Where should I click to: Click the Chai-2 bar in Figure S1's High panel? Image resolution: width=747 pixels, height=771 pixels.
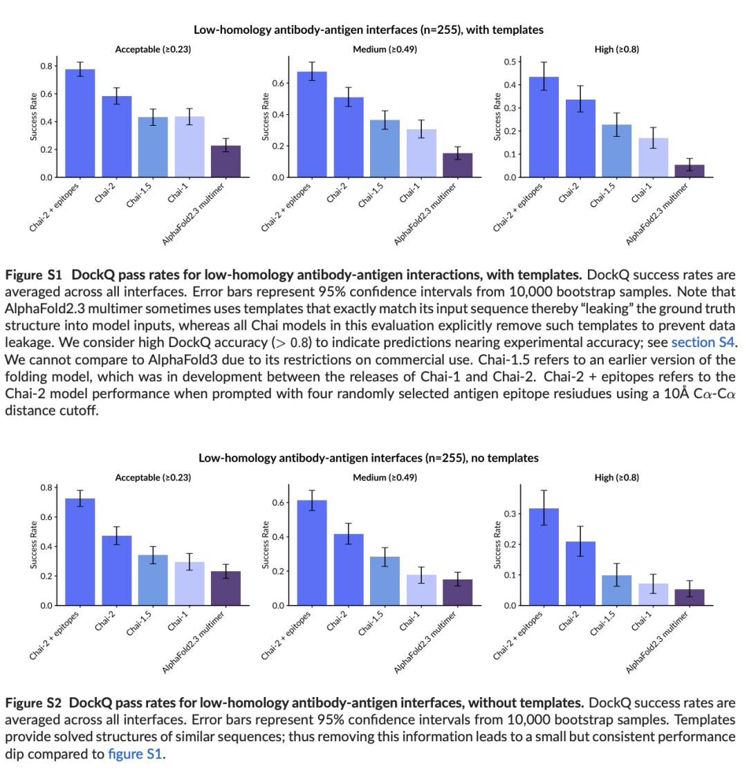tap(580, 138)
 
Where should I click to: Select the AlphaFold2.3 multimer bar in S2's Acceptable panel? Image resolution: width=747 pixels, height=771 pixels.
tap(225, 588)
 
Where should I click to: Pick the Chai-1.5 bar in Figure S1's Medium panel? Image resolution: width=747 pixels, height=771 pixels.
tap(385, 149)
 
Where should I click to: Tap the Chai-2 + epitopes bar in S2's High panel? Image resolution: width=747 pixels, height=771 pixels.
tap(544, 557)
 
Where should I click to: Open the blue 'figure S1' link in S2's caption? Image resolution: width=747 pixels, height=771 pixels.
tap(135, 754)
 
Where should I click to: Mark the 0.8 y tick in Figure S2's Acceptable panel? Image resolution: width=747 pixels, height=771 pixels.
tap(46, 487)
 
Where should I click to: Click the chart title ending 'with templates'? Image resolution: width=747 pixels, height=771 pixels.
tap(368, 30)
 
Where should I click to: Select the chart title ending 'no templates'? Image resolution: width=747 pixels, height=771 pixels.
tap(368, 458)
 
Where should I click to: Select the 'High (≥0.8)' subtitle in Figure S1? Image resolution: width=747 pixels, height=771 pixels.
tap(616, 49)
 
